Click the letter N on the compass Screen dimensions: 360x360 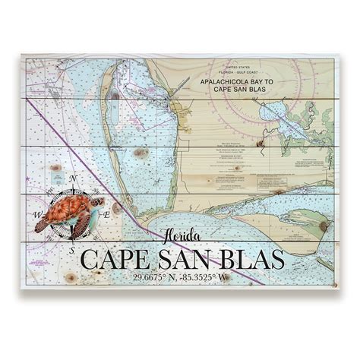(73, 180)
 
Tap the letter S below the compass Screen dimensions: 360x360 (72, 248)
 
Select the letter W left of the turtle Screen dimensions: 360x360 (39, 215)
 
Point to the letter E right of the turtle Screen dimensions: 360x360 (107, 214)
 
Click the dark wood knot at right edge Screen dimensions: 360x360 (324, 226)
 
